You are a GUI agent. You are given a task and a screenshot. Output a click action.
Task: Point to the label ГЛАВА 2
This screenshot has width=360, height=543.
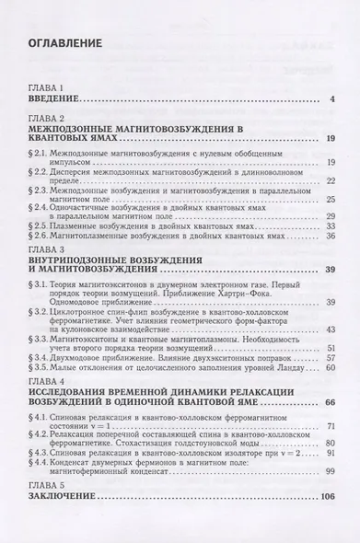[47, 120]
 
